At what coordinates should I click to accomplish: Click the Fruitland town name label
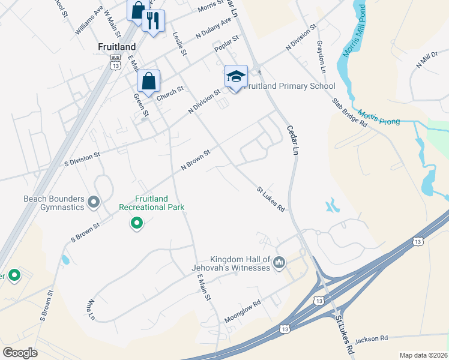[x=117, y=46]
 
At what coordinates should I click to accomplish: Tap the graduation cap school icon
[x=236, y=76]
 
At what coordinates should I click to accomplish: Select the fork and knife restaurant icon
[x=153, y=21]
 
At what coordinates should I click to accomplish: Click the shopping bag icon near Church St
[x=148, y=81]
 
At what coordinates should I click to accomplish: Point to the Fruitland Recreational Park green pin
[x=137, y=224]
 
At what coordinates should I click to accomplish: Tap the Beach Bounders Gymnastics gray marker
[x=93, y=202]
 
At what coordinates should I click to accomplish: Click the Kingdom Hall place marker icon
[x=279, y=262]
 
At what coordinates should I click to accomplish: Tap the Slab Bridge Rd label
[x=350, y=112]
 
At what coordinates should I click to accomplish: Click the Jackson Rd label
[x=371, y=339]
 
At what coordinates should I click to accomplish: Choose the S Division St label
[x=82, y=160]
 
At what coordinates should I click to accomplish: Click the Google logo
[x=20, y=353]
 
